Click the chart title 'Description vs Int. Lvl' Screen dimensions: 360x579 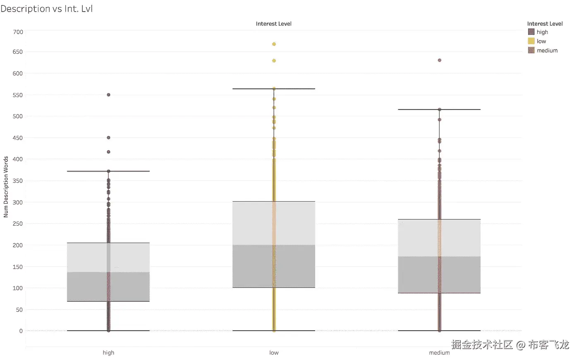coord(46,9)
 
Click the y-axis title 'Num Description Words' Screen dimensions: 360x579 coord(6,187)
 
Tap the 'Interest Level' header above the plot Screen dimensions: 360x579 coord(273,24)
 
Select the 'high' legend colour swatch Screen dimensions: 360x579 coord(531,32)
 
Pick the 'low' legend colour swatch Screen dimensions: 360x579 coord(531,41)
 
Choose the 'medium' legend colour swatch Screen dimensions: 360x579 coord(531,50)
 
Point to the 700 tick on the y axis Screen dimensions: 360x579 coord(18,32)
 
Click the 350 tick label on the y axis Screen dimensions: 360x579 coord(18,181)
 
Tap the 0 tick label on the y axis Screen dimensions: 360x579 coord(21,331)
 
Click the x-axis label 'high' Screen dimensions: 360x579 coord(108,353)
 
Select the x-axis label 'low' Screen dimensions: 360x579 coord(274,353)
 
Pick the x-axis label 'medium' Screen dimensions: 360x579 coord(439,353)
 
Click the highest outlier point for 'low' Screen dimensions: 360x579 coord(274,44)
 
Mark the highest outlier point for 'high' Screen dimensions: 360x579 coord(108,95)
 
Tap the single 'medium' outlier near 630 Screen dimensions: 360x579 coord(439,60)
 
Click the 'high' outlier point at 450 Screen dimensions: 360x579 coord(108,138)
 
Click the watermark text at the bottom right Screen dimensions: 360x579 coord(510,344)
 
